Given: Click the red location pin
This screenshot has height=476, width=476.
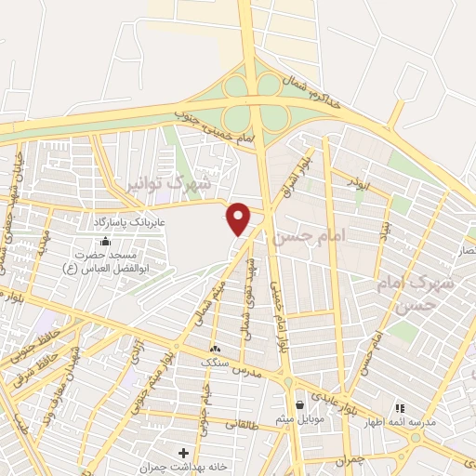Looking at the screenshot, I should point(240,218).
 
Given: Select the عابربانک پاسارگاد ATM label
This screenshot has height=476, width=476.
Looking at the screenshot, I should point(127,223).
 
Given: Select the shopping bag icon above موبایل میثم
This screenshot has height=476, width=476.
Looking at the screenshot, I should point(299,405).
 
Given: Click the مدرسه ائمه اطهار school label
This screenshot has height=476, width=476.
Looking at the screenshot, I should point(401,421).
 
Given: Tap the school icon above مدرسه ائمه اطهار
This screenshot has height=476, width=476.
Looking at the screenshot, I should point(401,407).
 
